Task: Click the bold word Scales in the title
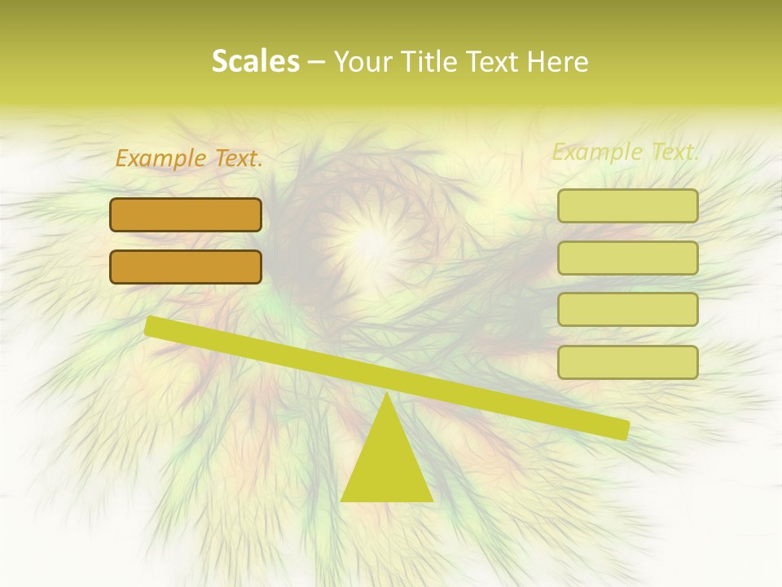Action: tap(255, 61)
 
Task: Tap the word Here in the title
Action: tap(556, 61)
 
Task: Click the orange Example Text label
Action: tap(189, 159)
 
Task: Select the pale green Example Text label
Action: tap(625, 152)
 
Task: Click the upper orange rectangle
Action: tap(186, 214)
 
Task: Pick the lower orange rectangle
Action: tap(186, 267)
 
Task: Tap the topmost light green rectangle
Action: tap(627, 205)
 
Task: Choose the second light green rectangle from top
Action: tap(627, 258)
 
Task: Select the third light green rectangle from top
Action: tap(627, 310)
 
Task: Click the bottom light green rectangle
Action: tap(627, 362)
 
